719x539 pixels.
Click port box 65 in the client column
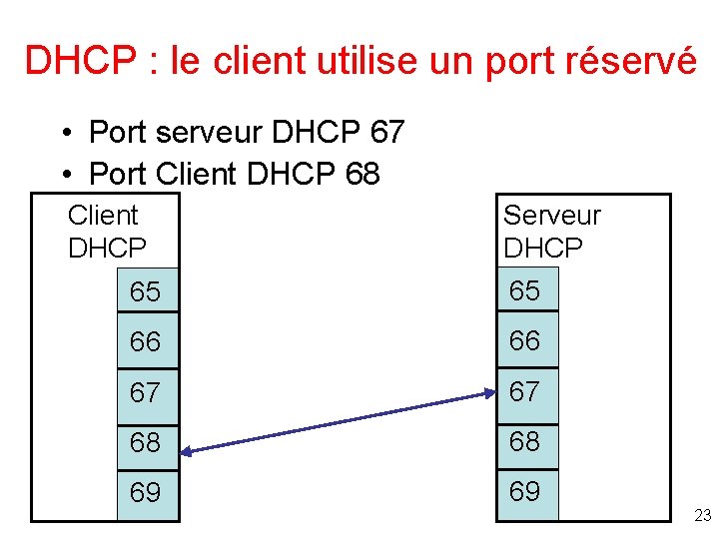coord(148,291)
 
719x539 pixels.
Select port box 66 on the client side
coord(148,341)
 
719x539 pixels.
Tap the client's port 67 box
coord(148,392)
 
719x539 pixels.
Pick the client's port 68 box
coord(148,442)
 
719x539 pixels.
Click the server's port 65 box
coord(527,290)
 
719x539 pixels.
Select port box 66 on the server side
coord(527,340)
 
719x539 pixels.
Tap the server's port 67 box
coord(527,391)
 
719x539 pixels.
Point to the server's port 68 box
coord(527,441)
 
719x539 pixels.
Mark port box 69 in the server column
coord(527,492)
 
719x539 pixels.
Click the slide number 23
coord(702,515)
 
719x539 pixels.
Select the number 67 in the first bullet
coord(386,132)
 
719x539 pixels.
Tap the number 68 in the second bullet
coord(362,174)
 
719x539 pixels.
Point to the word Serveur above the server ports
coord(551,215)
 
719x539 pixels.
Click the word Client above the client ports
coord(103,215)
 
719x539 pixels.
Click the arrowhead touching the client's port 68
coord(188,451)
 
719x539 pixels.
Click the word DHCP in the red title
coord(77,61)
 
